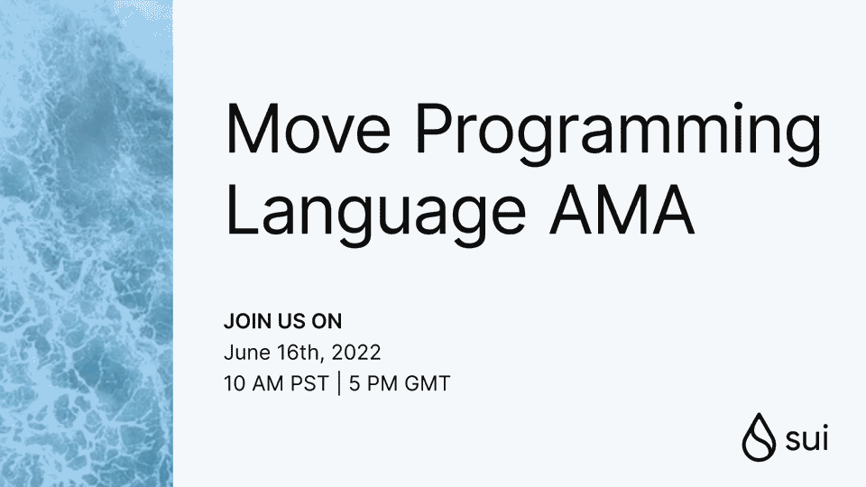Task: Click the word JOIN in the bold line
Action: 244,322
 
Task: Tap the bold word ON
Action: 327,322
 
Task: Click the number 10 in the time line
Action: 233,383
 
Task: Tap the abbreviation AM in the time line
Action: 263,383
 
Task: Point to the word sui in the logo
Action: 806,439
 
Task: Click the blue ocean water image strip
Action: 86,243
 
